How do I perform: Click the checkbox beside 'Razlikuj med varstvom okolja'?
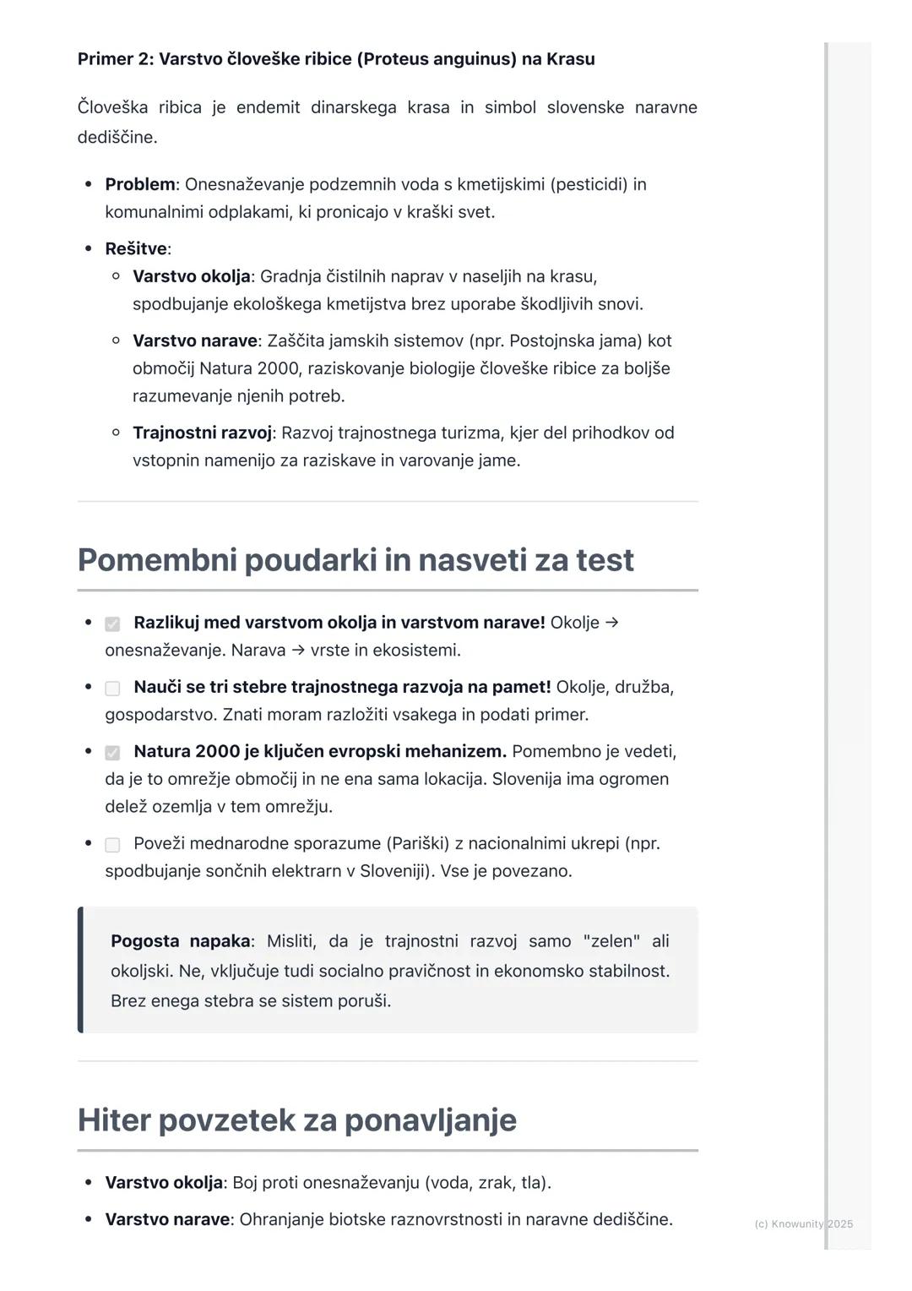click(112, 624)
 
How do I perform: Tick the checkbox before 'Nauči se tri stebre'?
click(112, 688)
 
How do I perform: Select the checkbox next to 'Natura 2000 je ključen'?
click(112, 752)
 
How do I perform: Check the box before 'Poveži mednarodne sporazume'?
click(112, 844)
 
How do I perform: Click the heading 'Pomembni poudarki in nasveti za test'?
click(356, 560)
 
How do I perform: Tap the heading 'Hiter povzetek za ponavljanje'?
click(297, 1120)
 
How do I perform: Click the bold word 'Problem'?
click(139, 184)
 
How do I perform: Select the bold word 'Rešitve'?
click(135, 248)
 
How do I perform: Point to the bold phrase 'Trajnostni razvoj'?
click(202, 433)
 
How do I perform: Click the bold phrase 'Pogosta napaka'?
click(180, 941)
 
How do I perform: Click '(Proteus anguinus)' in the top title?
click(432, 59)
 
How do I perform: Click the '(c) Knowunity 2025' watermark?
click(803, 1223)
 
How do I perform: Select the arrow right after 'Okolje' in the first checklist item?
click(612, 623)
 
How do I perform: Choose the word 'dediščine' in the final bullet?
click(632, 1219)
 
